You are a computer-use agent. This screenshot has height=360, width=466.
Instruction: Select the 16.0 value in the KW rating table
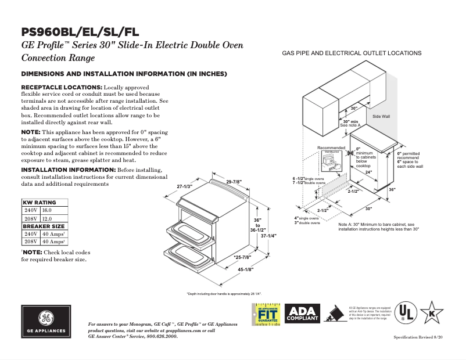tap(47, 210)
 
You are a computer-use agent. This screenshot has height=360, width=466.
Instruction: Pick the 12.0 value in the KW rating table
tap(47, 218)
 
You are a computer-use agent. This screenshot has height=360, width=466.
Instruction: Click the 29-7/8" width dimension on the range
tap(234, 182)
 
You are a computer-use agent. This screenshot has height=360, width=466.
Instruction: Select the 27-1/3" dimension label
tap(184, 186)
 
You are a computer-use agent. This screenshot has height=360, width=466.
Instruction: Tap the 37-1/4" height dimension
tap(269, 236)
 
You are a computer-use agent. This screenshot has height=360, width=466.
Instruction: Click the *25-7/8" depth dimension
tap(242, 257)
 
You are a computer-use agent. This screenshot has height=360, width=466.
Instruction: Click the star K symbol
tap(432, 312)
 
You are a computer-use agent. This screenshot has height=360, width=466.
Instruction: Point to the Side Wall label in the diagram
tap(381, 116)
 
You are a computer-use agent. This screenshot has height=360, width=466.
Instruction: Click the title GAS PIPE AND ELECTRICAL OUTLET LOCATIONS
tap(352, 53)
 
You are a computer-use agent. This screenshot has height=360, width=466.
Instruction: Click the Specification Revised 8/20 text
tap(418, 337)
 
